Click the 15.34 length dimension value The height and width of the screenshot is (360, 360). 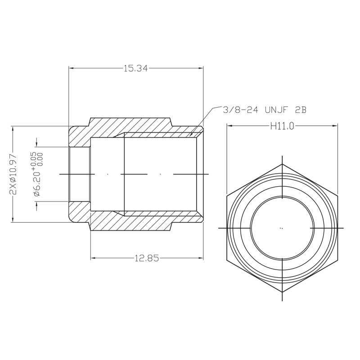click(136, 68)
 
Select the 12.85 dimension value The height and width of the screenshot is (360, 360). click(147, 258)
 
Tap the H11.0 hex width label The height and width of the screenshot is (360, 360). click(282, 126)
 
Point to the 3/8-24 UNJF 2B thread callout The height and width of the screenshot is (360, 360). click(265, 110)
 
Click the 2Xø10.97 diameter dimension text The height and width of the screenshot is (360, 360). click(14, 174)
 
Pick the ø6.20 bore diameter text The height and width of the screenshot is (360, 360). click(37, 183)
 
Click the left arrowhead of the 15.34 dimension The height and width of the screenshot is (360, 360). click(71, 68)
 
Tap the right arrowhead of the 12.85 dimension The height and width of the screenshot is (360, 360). click(201, 258)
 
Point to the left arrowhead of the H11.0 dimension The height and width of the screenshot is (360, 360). click(229, 126)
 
